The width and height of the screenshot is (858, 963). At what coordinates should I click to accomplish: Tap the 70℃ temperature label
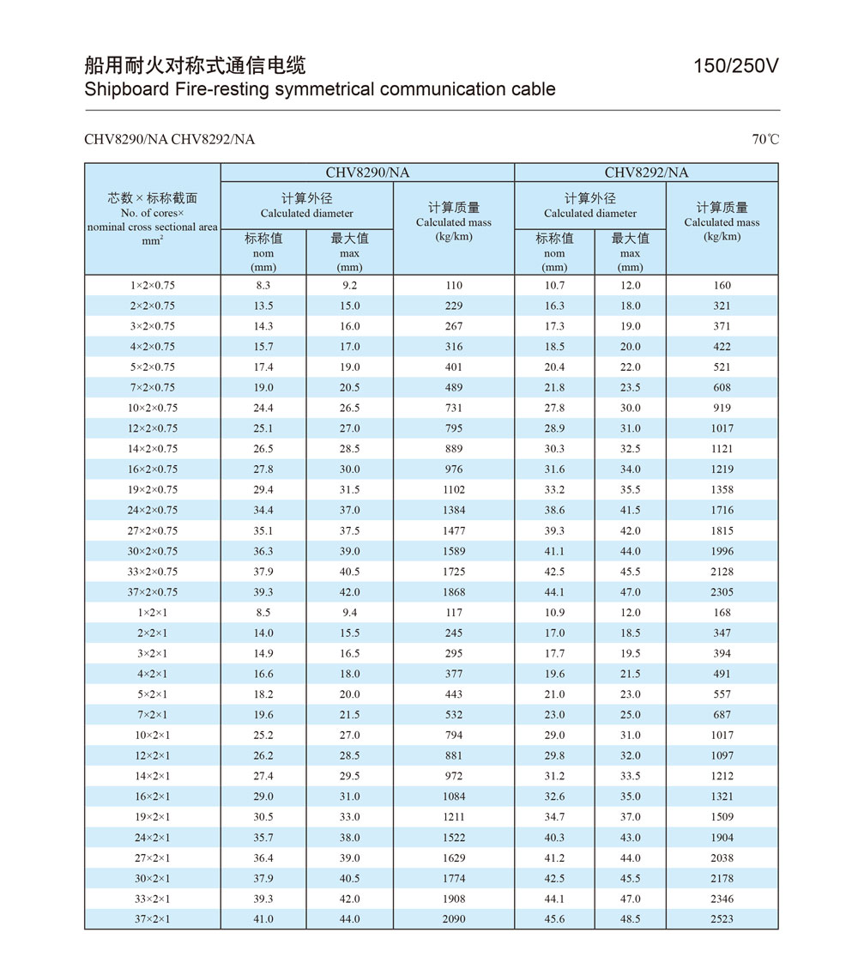(765, 139)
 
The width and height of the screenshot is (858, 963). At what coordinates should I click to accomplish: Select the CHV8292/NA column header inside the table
(646, 173)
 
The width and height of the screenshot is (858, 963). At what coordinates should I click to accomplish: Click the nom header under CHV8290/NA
(263, 253)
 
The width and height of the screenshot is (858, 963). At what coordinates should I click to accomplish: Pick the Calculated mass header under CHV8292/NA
(722, 222)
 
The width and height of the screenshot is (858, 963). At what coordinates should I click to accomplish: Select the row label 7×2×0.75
(153, 388)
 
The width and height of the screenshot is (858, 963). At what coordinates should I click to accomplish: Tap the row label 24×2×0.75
(153, 511)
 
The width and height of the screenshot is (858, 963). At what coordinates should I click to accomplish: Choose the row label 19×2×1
(153, 817)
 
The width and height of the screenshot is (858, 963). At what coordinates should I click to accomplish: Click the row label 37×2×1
(153, 919)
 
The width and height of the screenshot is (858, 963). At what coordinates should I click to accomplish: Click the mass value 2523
(722, 919)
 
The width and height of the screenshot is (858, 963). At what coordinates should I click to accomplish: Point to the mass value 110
(454, 286)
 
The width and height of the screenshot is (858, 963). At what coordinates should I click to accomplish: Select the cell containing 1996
(722, 552)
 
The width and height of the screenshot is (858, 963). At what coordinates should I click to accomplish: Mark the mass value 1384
(454, 511)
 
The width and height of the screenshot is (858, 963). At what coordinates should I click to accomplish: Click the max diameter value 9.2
(349, 286)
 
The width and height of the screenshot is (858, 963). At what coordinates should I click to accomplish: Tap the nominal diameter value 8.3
(263, 286)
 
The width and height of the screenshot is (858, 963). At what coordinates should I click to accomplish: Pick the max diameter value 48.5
(631, 919)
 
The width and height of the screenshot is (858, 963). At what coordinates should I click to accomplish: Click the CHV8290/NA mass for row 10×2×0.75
(454, 409)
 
